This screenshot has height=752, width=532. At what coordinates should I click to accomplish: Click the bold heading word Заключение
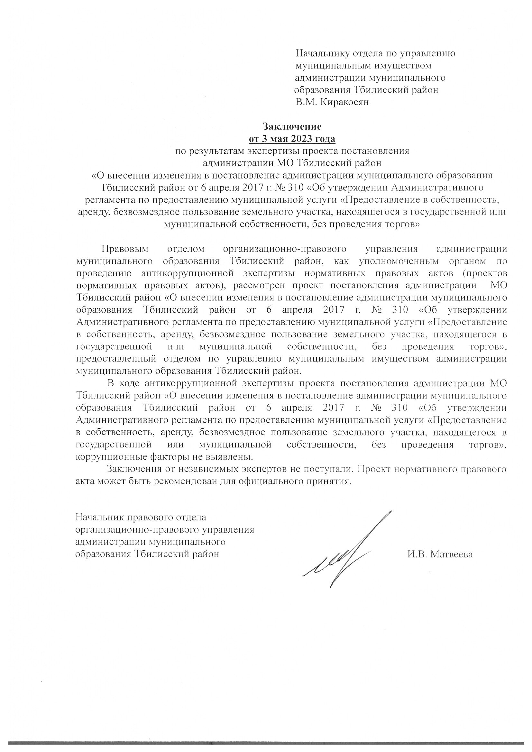(292, 126)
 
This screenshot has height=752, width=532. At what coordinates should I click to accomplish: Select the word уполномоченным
(403, 261)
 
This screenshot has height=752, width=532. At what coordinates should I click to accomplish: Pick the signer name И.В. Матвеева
(440, 554)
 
